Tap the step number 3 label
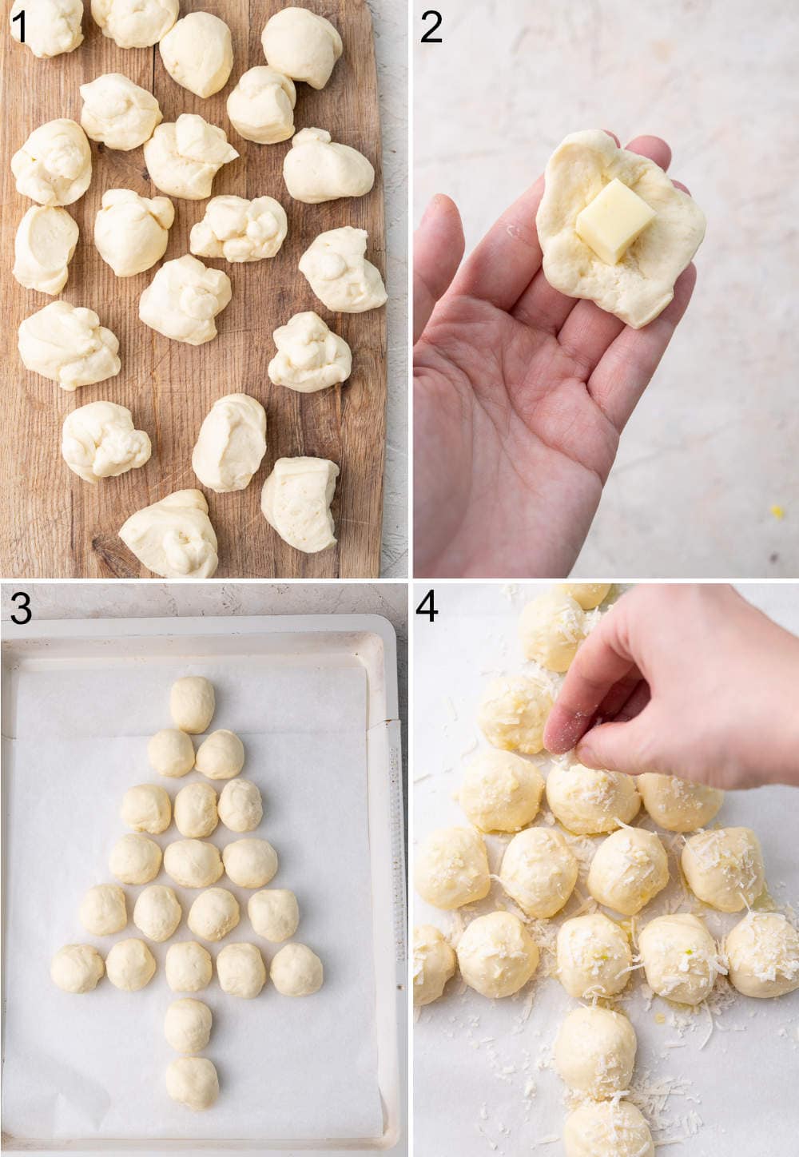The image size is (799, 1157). point(20,609)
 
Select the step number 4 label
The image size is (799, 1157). point(427,607)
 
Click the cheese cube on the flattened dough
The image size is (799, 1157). point(614,221)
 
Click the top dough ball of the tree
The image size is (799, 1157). point(193,703)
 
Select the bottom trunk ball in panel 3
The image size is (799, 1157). point(192,1083)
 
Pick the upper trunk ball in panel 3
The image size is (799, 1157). point(189,1025)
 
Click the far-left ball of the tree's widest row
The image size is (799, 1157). point(78,968)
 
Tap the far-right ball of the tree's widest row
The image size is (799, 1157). point(296,968)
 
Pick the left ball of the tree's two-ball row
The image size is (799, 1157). point(171,752)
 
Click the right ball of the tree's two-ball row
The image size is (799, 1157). point(220,753)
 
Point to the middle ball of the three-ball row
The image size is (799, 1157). point(196,809)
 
